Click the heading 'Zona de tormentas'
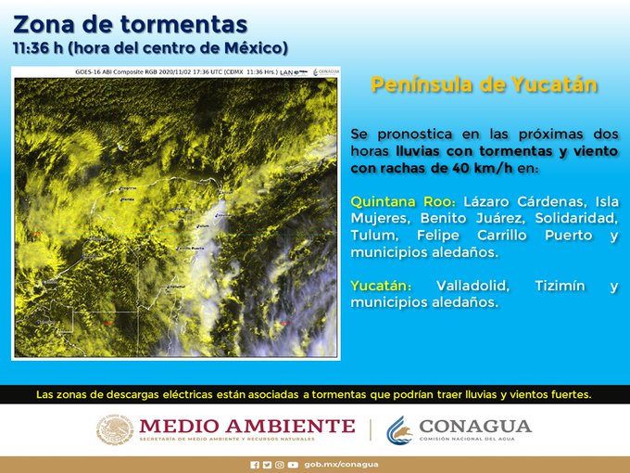pos(131,22)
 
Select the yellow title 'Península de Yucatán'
pos(484,85)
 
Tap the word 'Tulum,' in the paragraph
pos(376,236)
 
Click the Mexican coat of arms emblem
pos(115,429)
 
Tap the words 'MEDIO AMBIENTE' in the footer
pos(246,426)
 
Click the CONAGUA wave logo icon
pos(399,429)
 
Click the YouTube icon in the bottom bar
pos(294,464)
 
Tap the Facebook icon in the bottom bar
pos(255,464)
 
